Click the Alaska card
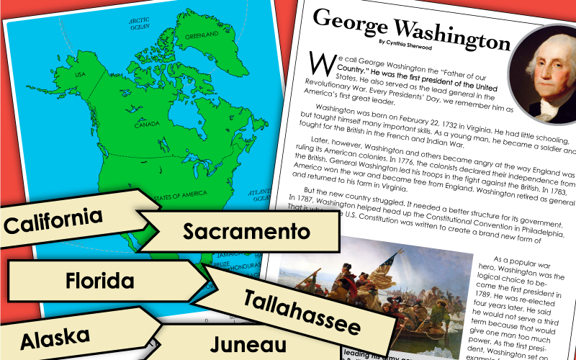pyautogui.click(x=55, y=336)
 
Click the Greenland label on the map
pyautogui.click(x=201, y=35)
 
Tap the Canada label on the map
pyautogui.click(x=146, y=124)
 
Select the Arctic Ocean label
pyautogui.click(x=138, y=23)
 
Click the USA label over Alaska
pyautogui.click(x=81, y=74)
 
